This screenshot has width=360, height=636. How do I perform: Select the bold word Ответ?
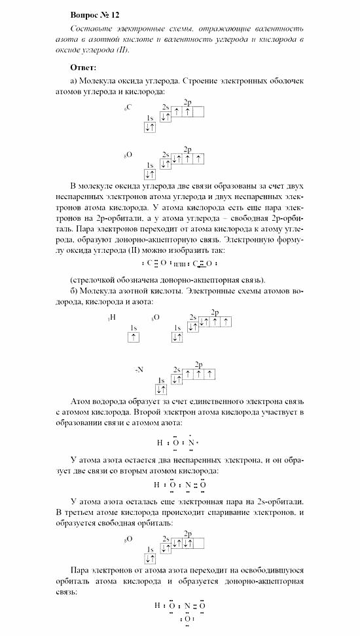click(83, 67)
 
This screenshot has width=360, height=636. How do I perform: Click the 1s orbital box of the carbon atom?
click(150, 128)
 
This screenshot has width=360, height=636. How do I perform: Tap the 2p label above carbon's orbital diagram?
click(188, 102)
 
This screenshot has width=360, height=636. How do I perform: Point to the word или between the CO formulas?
click(177, 263)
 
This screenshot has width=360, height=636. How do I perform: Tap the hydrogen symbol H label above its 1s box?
click(113, 318)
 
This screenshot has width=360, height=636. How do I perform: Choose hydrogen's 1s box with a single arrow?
click(134, 337)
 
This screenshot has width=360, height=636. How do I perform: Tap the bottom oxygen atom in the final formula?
click(187, 618)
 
